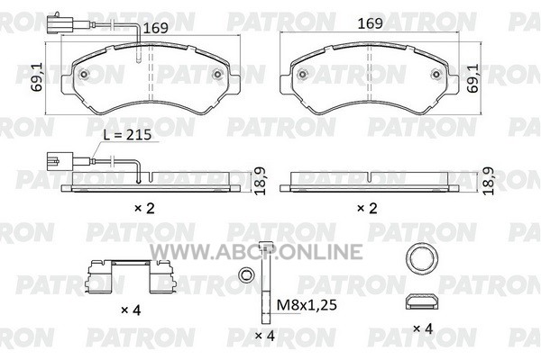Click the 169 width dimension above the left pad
point(155,28)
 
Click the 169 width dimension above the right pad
point(371,23)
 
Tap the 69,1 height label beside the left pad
point(37,76)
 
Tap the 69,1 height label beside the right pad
point(472,78)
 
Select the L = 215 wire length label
point(128,135)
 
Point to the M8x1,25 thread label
point(307,305)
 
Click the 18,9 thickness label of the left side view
point(260,181)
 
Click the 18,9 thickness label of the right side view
point(488,181)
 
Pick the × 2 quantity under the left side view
point(144,208)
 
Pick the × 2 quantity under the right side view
point(367,208)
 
